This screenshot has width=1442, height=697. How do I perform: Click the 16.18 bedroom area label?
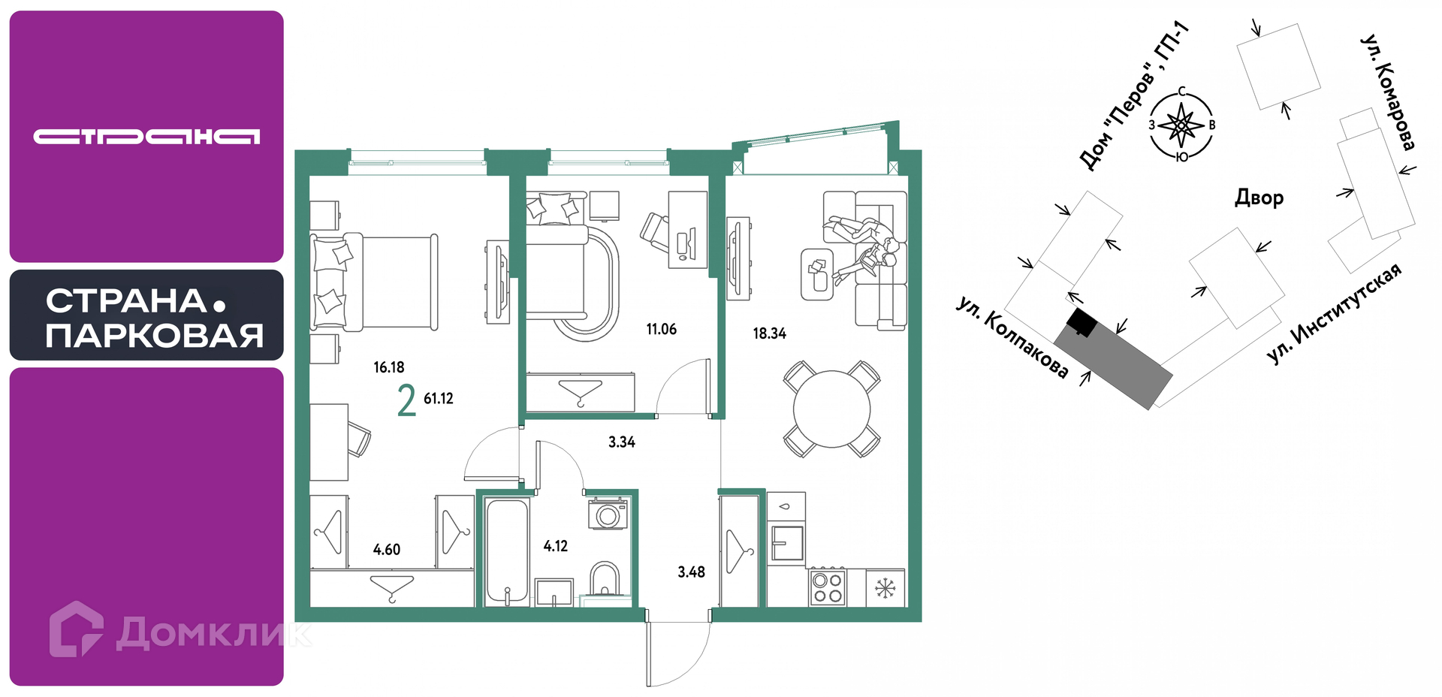tap(389, 367)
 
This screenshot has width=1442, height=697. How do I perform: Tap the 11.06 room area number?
tap(661, 329)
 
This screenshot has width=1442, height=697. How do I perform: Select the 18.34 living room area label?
tap(770, 333)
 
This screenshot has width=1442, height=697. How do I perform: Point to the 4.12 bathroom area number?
tap(556, 546)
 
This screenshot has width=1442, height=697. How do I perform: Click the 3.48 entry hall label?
tap(691, 572)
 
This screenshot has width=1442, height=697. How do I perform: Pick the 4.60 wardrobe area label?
tap(387, 550)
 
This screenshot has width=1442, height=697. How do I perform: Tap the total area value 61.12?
tap(439, 399)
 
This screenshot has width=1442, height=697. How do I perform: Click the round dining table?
tap(831, 409)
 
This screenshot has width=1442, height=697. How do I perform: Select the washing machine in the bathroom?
tap(608, 514)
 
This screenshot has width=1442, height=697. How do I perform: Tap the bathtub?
tap(507, 552)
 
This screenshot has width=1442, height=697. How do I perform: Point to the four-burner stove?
tap(827, 587)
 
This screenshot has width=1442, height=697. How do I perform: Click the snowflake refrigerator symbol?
tap(885, 587)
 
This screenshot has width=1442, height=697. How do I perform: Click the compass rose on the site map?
tap(1181, 125)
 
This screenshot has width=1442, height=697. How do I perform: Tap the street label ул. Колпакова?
tap(1012, 337)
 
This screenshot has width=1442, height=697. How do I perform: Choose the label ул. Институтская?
tap(1334, 314)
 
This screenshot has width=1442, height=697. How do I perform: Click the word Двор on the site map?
tap(1259, 198)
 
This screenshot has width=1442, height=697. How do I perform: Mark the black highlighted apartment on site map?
tap(1081, 323)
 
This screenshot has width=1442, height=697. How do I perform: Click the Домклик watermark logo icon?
tap(76, 629)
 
